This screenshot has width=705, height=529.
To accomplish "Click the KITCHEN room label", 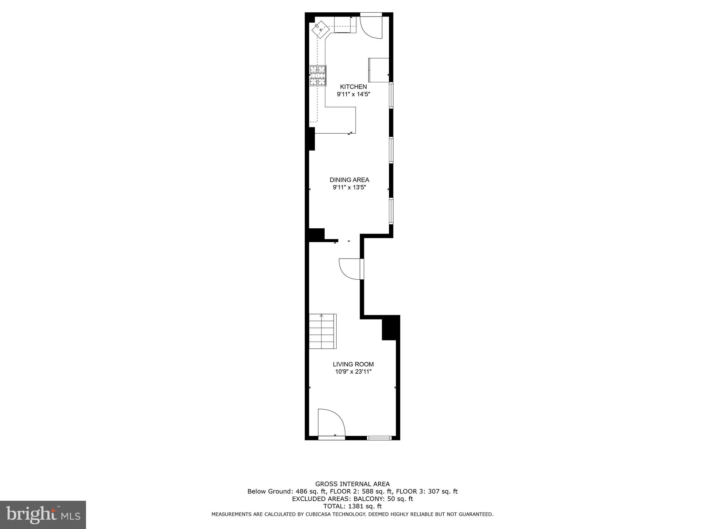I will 353,87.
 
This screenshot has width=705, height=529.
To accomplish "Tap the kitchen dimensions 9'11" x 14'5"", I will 353,94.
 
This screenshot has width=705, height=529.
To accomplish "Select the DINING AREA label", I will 349,180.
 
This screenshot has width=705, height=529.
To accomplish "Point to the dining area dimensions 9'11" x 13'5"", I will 349,187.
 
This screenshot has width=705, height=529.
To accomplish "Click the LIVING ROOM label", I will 353,364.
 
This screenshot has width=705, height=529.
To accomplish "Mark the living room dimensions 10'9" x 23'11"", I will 353,372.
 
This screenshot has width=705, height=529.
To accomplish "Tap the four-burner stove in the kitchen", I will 318,75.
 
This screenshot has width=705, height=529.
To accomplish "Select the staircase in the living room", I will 322,331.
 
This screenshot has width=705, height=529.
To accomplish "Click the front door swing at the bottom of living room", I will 330,423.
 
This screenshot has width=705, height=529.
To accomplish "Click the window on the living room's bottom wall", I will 379,438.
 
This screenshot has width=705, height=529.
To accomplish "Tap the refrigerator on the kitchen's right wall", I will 379,70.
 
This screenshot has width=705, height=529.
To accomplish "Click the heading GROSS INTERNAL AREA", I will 352,484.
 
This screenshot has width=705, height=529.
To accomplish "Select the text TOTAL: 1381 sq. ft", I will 352,506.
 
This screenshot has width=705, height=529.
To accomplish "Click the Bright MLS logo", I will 43,515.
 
